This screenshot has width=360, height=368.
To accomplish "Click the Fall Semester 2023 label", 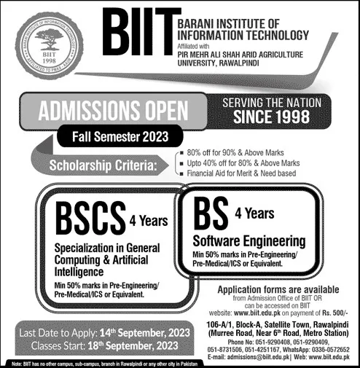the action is [x=120, y=136].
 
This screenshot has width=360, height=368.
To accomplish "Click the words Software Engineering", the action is [x=249, y=239].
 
